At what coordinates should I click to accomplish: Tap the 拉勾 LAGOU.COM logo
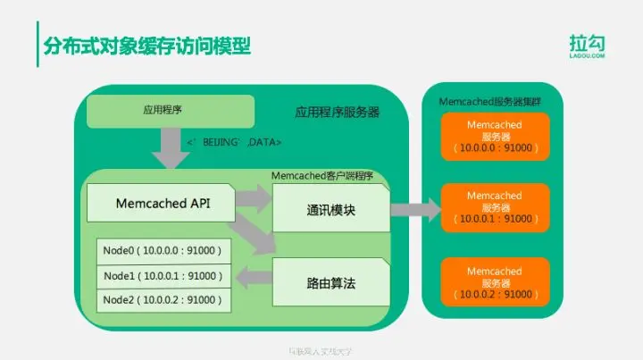click(589, 45)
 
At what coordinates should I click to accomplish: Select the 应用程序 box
click(171, 111)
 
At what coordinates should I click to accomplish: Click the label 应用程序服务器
click(337, 113)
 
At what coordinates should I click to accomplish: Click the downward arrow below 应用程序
click(171, 147)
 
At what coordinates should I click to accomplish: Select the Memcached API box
click(163, 204)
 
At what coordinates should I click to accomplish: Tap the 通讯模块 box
click(330, 212)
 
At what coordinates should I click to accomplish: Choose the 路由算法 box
click(330, 282)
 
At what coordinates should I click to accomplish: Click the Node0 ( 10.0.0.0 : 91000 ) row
click(163, 250)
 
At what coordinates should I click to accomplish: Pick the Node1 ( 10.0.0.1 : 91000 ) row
click(163, 276)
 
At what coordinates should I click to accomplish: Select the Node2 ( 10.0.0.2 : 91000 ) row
click(163, 301)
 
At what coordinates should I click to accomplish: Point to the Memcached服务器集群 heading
click(495, 102)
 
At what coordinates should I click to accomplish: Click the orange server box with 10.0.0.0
click(494, 137)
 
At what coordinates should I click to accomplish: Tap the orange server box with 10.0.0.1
click(494, 207)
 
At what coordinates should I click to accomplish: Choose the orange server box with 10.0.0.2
click(494, 282)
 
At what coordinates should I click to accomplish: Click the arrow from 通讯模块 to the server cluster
click(416, 211)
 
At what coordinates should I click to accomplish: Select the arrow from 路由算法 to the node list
click(255, 276)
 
